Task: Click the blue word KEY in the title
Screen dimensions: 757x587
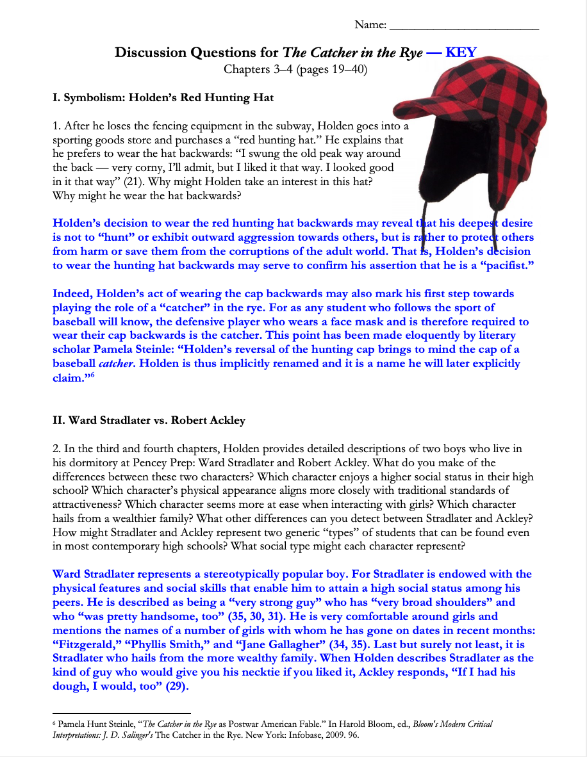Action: [x=461, y=53]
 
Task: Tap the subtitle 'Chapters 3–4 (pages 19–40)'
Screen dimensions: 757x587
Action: [x=295, y=69]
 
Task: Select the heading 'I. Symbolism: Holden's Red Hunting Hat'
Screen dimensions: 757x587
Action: [x=163, y=98]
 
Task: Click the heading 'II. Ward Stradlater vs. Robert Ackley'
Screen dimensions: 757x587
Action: [x=149, y=421]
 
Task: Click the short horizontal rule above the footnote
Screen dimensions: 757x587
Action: [x=121, y=712]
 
